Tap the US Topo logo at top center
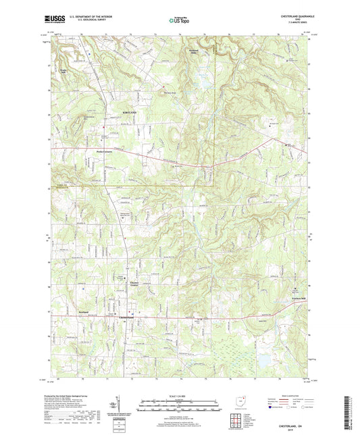click(x=179, y=21)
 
